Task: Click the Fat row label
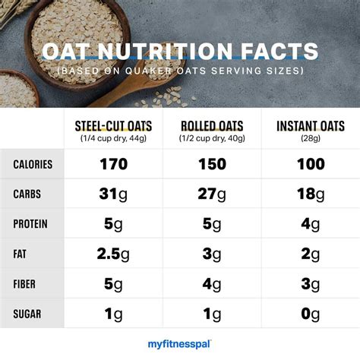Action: click(x=21, y=254)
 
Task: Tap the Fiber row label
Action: click(x=27, y=283)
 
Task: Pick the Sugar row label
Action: click(x=28, y=314)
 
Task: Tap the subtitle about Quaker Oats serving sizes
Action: click(x=180, y=71)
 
